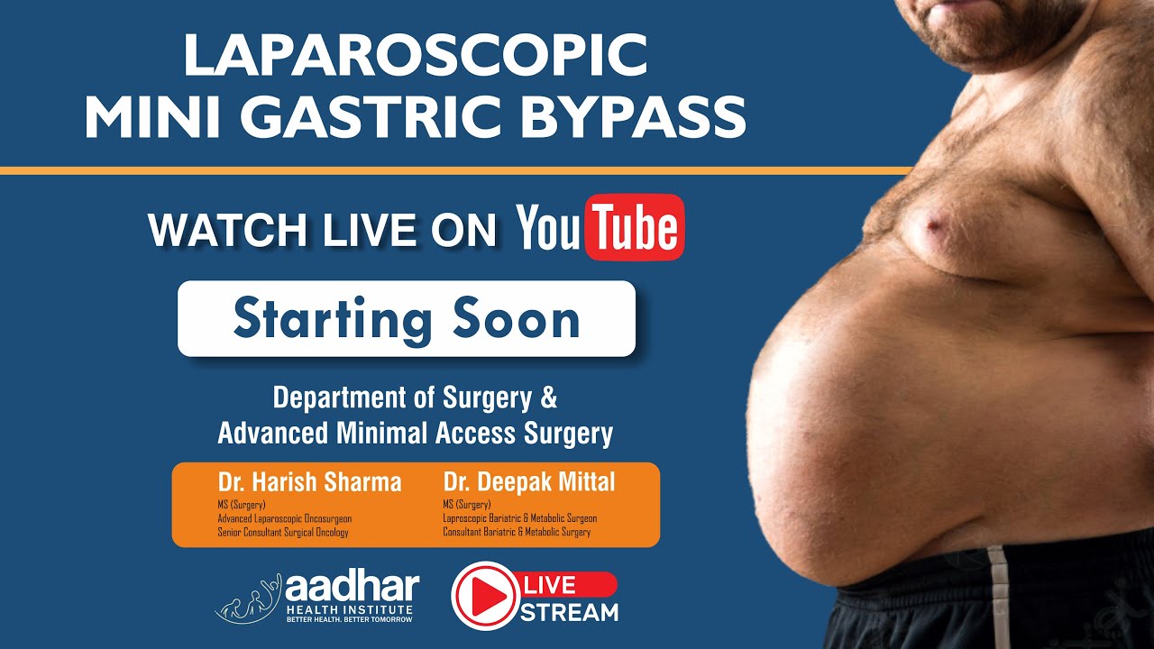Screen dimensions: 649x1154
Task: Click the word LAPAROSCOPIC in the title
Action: pyautogui.click(x=416, y=56)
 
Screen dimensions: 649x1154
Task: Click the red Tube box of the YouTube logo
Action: pyautogui.click(x=635, y=227)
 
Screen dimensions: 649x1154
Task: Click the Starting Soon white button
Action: pyautogui.click(x=407, y=319)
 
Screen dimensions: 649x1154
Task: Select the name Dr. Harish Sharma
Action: pyautogui.click(x=309, y=482)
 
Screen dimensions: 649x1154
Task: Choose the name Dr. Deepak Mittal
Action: pyautogui.click(x=529, y=482)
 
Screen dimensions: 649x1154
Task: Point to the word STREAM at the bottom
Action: pyautogui.click(x=570, y=613)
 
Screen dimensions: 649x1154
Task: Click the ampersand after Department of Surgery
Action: pyautogui.click(x=547, y=398)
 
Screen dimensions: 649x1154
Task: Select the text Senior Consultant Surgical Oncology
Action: pyautogui.click(x=283, y=533)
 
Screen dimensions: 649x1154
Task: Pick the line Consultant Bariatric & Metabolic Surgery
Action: pyautogui.click(x=517, y=533)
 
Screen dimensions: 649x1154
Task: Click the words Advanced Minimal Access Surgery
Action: pyautogui.click(x=415, y=434)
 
